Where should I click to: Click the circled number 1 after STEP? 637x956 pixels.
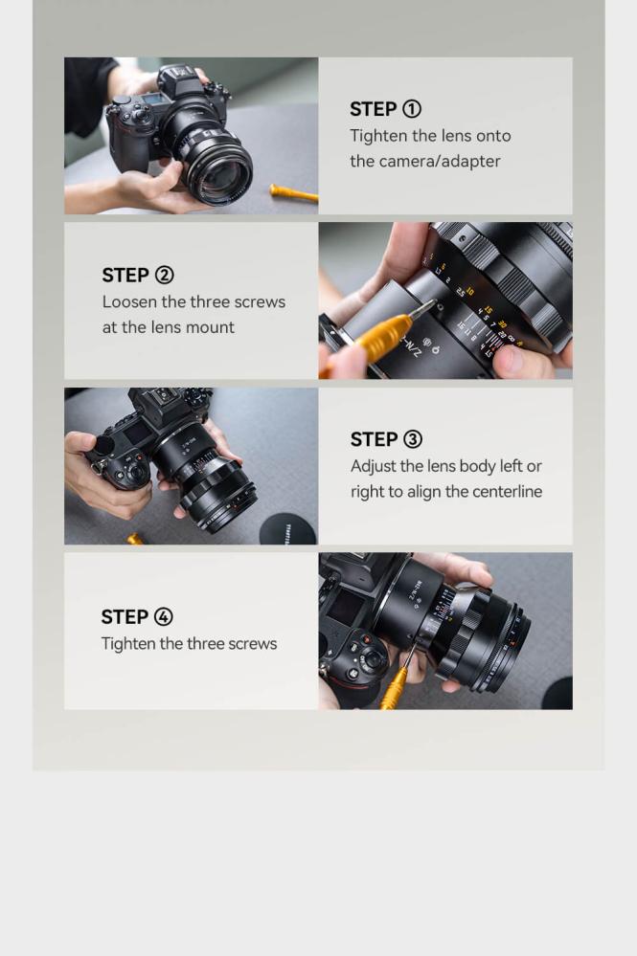pyautogui.click(x=412, y=109)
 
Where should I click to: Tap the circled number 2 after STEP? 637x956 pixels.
pyautogui.click(x=164, y=275)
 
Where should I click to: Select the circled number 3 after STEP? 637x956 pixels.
pyautogui.click(x=413, y=439)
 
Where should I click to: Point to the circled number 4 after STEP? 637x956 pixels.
pyautogui.click(x=163, y=616)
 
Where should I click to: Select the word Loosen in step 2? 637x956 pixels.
pyautogui.click(x=129, y=301)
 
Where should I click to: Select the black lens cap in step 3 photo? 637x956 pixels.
pyautogui.click(x=288, y=528)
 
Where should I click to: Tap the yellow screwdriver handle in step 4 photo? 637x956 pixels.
pyautogui.click(x=394, y=688)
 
